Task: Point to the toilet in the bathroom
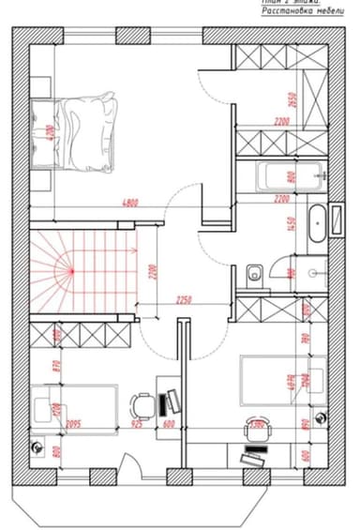(254, 276)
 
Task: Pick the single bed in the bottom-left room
(74, 409)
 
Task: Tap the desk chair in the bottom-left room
(142, 405)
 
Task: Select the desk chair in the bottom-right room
(255, 428)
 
